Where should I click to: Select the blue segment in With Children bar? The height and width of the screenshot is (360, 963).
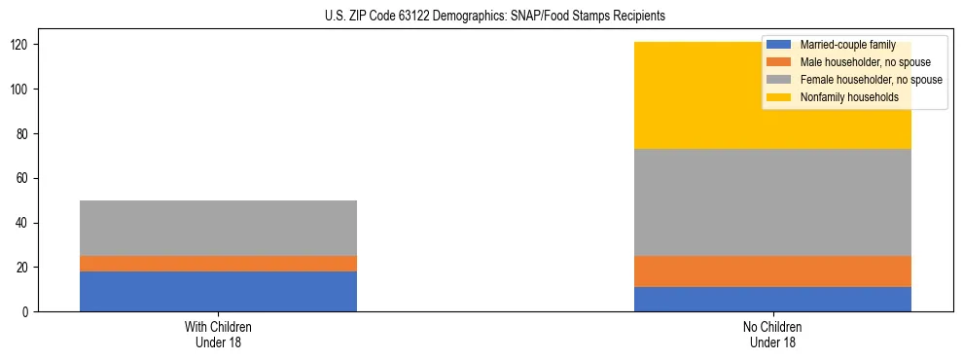218,291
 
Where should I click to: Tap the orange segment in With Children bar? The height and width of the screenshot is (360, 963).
218,264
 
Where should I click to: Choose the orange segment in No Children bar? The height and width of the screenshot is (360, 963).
772,271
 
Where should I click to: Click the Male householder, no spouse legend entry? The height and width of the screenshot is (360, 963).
851,62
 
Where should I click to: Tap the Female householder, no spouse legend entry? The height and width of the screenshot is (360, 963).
856,80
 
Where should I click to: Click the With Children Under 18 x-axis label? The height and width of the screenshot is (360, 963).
218,334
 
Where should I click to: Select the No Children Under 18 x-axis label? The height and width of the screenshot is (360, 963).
772,334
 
